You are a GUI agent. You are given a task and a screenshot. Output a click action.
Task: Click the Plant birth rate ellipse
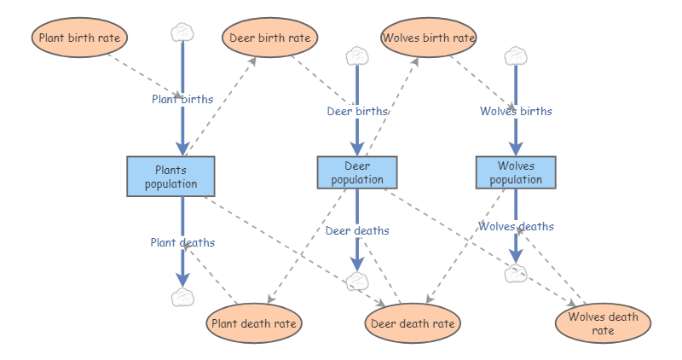(x=79, y=38)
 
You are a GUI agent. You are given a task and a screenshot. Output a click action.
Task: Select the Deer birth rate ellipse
(x=269, y=38)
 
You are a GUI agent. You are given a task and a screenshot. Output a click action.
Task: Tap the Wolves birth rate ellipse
(x=429, y=38)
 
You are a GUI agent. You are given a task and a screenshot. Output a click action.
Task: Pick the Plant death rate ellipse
(x=254, y=323)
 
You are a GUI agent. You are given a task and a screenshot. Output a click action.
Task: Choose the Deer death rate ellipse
(x=413, y=323)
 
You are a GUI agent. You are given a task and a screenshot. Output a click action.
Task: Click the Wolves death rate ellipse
(x=604, y=323)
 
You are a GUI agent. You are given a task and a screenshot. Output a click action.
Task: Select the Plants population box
(x=171, y=177)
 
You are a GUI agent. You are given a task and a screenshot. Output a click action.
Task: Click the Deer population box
(x=357, y=172)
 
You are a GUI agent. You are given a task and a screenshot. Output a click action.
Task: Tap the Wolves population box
(x=516, y=172)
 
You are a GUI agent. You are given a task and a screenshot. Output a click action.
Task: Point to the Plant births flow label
(x=182, y=99)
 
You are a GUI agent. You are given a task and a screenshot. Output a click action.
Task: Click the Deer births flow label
(x=357, y=112)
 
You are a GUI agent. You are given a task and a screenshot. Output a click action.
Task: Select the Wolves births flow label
(x=516, y=112)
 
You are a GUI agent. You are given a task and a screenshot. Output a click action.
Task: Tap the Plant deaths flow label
(x=182, y=242)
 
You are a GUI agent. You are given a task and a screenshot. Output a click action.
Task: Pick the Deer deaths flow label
(x=357, y=230)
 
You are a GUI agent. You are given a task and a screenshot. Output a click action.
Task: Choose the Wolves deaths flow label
(x=516, y=226)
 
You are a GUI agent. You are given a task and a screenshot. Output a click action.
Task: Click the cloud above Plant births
(x=182, y=33)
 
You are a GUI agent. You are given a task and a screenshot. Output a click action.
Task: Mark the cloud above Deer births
(x=357, y=56)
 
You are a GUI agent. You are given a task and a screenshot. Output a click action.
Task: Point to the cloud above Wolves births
(x=516, y=56)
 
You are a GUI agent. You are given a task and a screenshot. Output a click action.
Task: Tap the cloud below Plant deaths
(x=182, y=298)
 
